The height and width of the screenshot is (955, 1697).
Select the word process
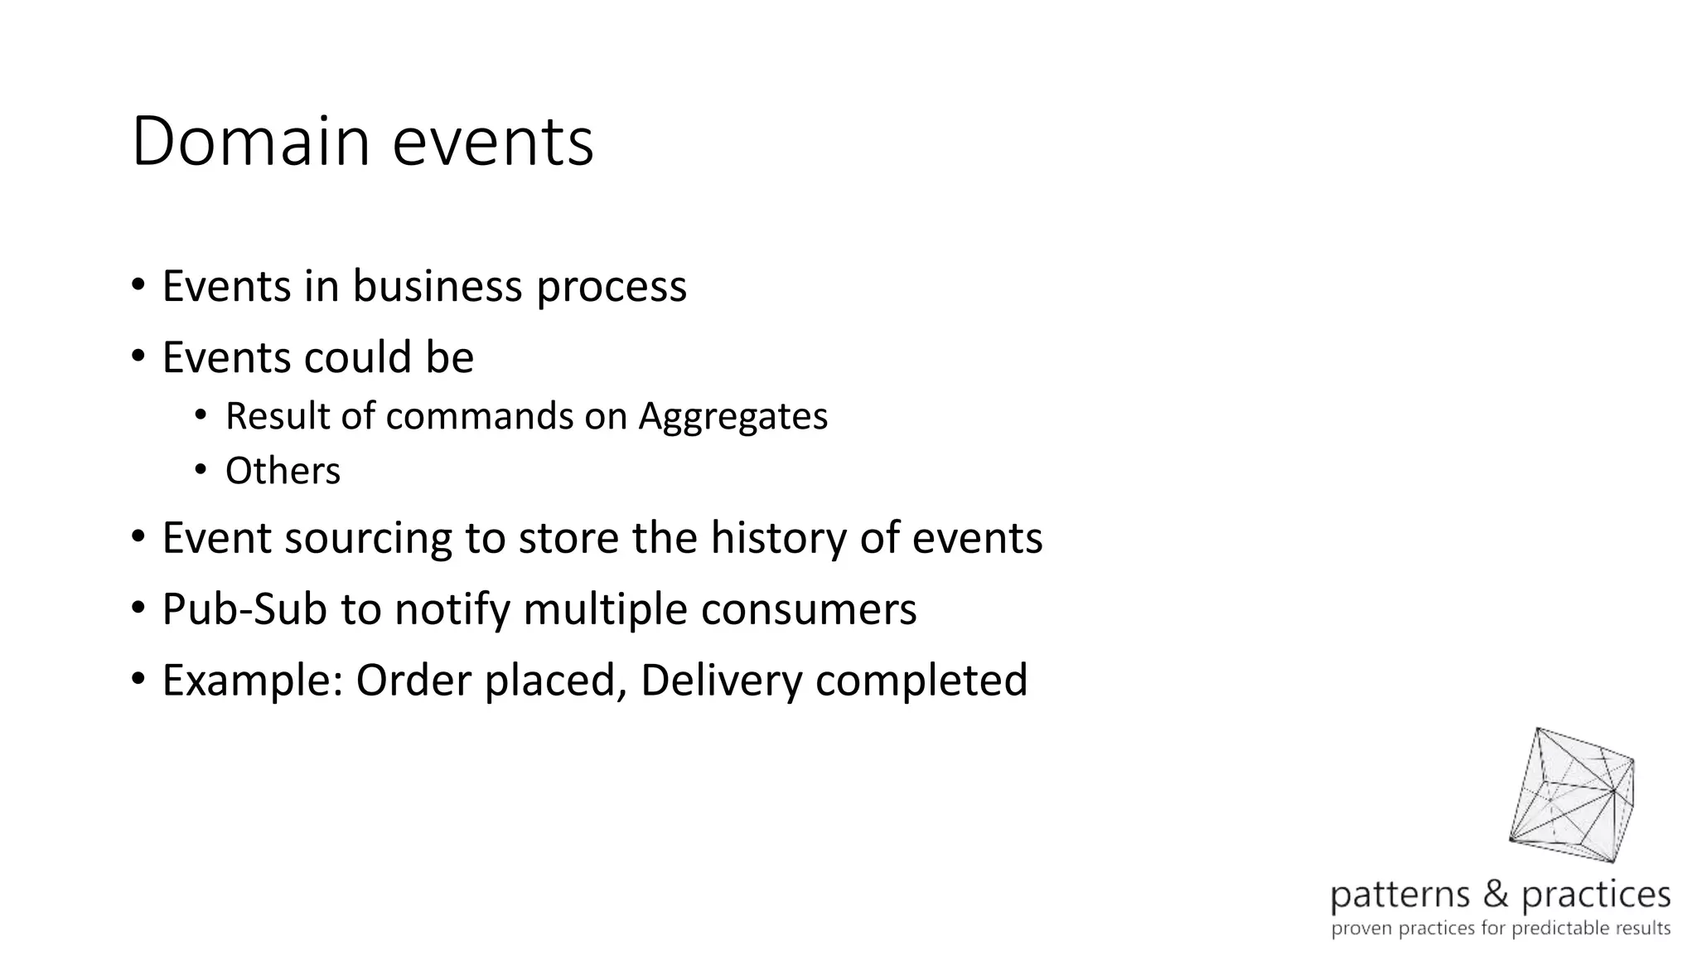[612, 288]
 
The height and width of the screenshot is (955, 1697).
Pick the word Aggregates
[732, 417]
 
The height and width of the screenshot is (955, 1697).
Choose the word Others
[283, 471]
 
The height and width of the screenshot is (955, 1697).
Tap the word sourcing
[369, 539]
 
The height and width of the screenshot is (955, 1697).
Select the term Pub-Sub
[244, 609]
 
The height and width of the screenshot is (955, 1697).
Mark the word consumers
[809, 609]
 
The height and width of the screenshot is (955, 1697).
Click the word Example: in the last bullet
[252, 681]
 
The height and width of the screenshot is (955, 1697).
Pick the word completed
[921, 681]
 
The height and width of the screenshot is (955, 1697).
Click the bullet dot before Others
[200, 471]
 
